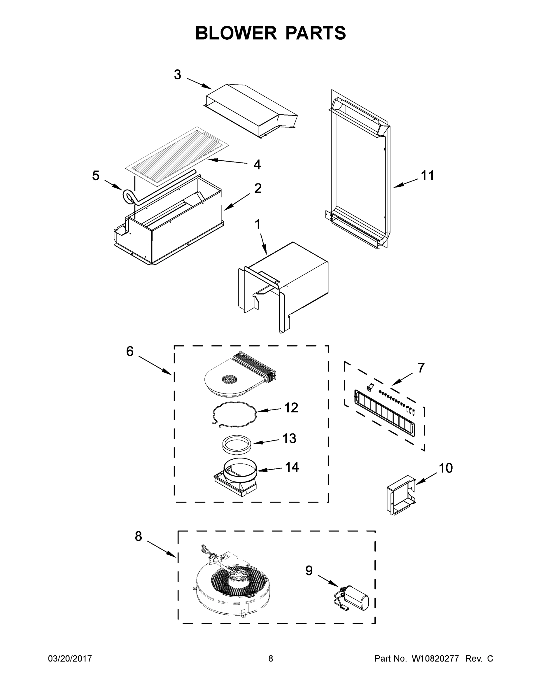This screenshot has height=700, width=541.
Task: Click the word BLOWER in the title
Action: pyautogui.click(x=236, y=33)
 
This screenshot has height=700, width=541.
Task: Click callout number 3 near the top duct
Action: pyautogui.click(x=177, y=75)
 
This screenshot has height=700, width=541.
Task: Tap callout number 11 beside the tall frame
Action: pyautogui.click(x=427, y=176)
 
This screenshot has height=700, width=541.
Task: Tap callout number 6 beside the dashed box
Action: pyautogui.click(x=129, y=351)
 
